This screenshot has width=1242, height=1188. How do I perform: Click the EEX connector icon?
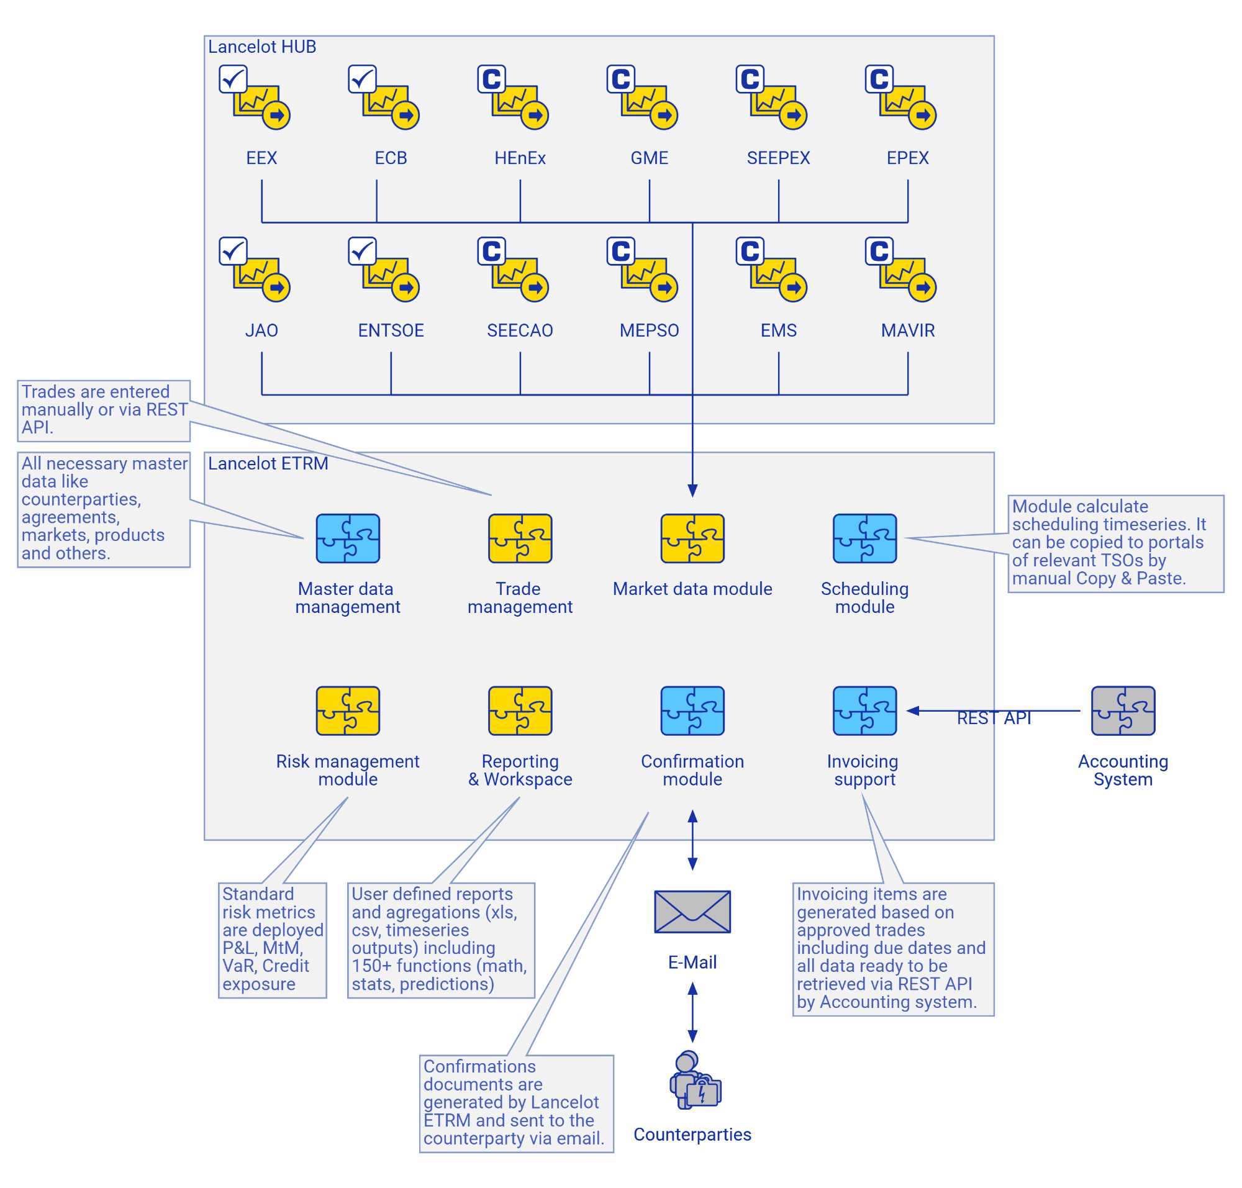point(255,97)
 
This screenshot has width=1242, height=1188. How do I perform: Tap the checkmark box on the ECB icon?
point(361,78)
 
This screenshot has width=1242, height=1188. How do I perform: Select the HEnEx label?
point(519,158)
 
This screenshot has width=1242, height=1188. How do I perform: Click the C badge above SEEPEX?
point(750,78)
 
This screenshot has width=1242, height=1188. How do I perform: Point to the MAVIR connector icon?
point(900,269)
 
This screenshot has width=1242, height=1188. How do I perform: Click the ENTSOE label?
point(391,330)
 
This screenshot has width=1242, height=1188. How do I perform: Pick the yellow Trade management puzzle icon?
point(520,538)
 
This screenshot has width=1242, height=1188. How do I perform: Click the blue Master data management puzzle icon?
point(348,538)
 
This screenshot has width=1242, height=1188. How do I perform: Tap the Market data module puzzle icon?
point(692,538)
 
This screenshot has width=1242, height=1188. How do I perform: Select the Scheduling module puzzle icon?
point(864,538)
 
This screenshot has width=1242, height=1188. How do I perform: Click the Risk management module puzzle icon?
point(348,710)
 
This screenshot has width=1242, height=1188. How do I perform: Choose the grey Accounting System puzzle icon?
point(1123,710)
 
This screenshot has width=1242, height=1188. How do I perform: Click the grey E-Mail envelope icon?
point(692,911)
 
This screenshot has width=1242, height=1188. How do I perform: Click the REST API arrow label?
point(994,717)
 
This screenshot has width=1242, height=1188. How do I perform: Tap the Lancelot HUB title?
point(261,47)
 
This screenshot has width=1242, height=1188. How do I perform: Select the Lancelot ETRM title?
point(268,463)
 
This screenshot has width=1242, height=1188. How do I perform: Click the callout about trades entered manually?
point(104,410)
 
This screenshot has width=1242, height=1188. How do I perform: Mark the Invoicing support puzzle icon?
point(864,710)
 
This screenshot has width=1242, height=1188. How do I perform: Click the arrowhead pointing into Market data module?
point(692,490)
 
